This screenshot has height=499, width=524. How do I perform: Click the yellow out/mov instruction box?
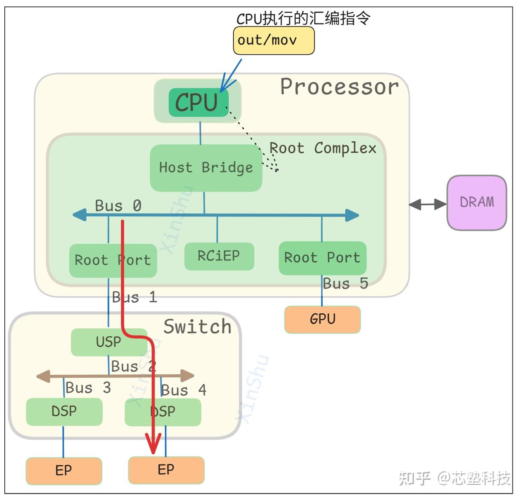(274, 41)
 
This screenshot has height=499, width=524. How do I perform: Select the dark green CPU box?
(198, 102)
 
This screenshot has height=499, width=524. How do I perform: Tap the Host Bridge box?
(206, 168)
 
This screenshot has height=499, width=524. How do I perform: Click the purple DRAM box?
(477, 202)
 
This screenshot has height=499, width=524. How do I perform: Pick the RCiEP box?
(219, 256)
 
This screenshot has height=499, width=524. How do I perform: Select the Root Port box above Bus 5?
(322, 258)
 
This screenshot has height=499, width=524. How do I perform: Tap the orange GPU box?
(322, 319)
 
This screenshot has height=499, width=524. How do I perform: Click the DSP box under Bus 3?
(64, 411)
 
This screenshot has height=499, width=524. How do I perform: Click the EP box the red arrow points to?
(166, 470)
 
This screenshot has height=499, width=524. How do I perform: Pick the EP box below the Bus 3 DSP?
(64, 471)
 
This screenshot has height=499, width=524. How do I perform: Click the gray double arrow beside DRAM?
(428, 204)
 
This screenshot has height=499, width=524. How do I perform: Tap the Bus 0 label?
(118, 206)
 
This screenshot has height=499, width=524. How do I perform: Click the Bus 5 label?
(345, 283)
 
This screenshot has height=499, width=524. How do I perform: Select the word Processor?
(339, 87)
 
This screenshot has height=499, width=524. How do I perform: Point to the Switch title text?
(197, 327)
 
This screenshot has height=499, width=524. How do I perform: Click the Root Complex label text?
(323, 148)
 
